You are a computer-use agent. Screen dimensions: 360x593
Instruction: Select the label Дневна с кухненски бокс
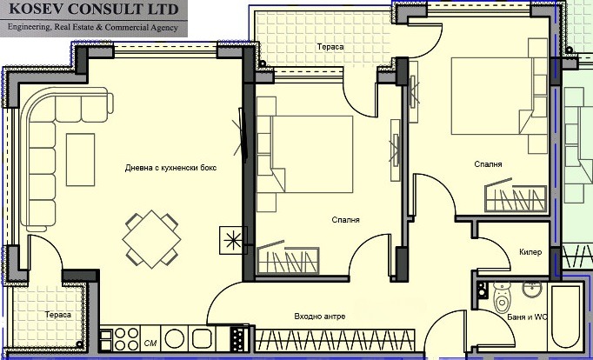point(170,167)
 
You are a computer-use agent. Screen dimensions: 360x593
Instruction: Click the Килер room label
point(531,252)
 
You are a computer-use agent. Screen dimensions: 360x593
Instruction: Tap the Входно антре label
point(319,317)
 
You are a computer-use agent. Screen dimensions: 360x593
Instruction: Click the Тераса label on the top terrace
point(330,46)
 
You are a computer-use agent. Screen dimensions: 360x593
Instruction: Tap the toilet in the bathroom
point(502,301)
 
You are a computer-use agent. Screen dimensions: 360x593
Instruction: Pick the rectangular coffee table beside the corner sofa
point(80,146)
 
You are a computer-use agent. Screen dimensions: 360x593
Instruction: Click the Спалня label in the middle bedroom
point(346,220)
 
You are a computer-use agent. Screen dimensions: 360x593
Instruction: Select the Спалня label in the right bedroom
point(488,163)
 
